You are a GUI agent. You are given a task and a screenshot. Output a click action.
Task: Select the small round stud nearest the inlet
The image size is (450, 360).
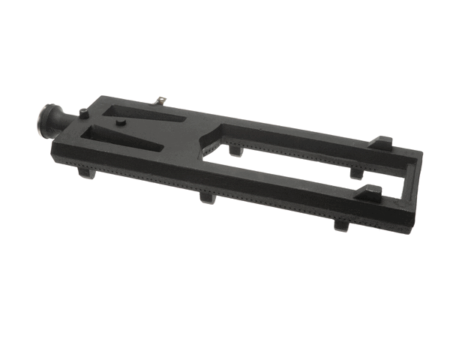[x=83, y=113]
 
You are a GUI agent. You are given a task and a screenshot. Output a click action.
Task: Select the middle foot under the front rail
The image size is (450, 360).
[x=208, y=198]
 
